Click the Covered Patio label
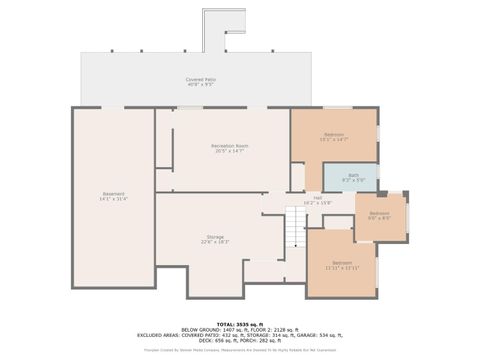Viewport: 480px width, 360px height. coord(200,79)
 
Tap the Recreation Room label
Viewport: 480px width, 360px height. coord(228,146)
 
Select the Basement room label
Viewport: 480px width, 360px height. coord(113,193)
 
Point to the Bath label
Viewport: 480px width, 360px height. coord(353,174)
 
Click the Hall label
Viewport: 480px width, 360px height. coord(317,197)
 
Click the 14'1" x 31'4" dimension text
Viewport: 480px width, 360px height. coord(113,199)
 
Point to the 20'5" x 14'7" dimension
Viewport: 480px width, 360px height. coord(228,152)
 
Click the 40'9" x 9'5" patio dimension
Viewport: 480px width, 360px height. coord(200,85)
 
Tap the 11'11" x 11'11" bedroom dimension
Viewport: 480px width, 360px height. coord(342,268)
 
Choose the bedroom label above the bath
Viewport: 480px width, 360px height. coord(333,134)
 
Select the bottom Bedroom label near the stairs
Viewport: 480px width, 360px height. coord(342,262)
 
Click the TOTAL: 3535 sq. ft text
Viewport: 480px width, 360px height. coord(240,322)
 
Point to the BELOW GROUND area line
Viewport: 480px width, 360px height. coord(240,329)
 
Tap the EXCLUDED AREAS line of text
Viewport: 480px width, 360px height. coord(240,335)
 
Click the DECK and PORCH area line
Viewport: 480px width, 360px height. coord(240,341)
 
